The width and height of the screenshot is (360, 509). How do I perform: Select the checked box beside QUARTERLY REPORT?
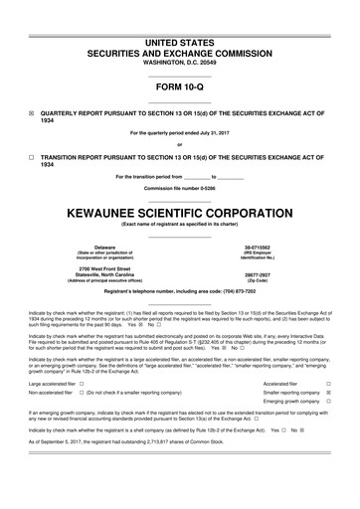pos(32,113)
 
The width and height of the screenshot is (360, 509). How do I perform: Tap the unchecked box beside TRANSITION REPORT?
pos(32,157)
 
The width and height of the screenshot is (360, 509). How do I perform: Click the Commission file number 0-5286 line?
pos(180,189)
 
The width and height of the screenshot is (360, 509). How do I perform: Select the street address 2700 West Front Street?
pos(104,268)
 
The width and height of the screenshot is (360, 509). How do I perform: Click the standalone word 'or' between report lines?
pos(180,145)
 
